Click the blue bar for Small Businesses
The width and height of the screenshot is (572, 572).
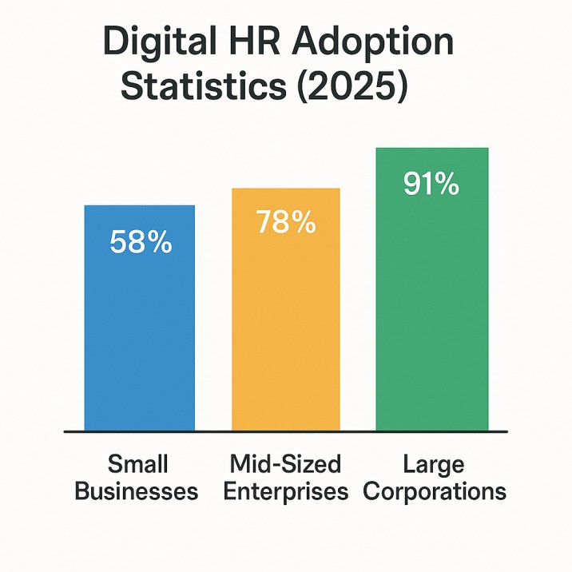[139, 336]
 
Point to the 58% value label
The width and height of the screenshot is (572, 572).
[140, 241]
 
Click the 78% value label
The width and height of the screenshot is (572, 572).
[286, 223]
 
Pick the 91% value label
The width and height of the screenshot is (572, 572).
[431, 184]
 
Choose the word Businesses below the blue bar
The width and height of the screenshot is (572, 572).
[137, 490]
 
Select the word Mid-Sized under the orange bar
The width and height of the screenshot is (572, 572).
[285, 464]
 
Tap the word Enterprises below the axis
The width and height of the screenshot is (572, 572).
[285, 491]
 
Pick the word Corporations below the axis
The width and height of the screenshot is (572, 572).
[434, 491]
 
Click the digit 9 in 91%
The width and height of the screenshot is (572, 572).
[415, 184]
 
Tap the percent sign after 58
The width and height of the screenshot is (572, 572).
[159, 241]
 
